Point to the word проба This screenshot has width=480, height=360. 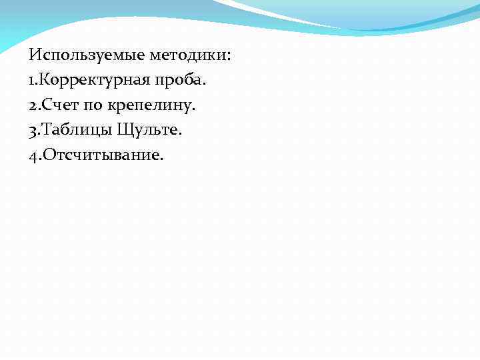[x=182, y=80]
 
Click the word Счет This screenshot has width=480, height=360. [x=59, y=105]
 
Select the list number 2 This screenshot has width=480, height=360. [x=33, y=105]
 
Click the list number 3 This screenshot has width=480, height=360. [x=33, y=130]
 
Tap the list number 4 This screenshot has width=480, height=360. [x=33, y=155]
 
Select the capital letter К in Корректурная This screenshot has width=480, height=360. [x=47, y=80]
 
